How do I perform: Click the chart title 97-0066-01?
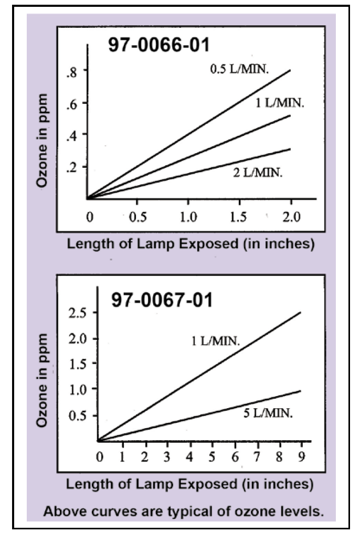tap(158, 45)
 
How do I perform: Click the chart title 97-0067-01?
tap(162, 300)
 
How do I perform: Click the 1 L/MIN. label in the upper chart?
tap(278, 103)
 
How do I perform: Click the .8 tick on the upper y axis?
tap(70, 72)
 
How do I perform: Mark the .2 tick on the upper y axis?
tap(70, 167)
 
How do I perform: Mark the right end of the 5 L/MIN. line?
tap(300, 390)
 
